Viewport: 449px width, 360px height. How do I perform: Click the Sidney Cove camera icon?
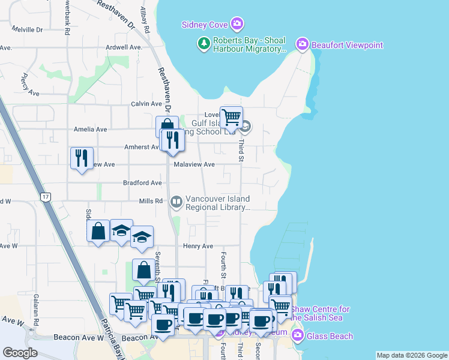[x=237, y=24]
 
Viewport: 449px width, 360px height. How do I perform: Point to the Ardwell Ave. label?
[x=123, y=47]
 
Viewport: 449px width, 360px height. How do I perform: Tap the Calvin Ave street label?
[x=147, y=104]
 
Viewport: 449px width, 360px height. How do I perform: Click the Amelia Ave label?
[x=90, y=129]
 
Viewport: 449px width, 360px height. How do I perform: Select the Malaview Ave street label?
[x=194, y=164]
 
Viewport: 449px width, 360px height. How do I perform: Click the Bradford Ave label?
[x=142, y=182]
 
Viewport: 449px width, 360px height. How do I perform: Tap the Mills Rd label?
[x=151, y=201]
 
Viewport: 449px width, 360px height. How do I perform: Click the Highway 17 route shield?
[x=45, y=196]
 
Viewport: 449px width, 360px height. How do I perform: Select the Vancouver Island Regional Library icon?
[x=176, y=202]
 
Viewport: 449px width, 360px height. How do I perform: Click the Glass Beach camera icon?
[x=297, y=337]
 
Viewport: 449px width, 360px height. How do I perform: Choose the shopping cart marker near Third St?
[x=231, y=117]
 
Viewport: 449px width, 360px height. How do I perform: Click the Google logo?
[x=20, y=353]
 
